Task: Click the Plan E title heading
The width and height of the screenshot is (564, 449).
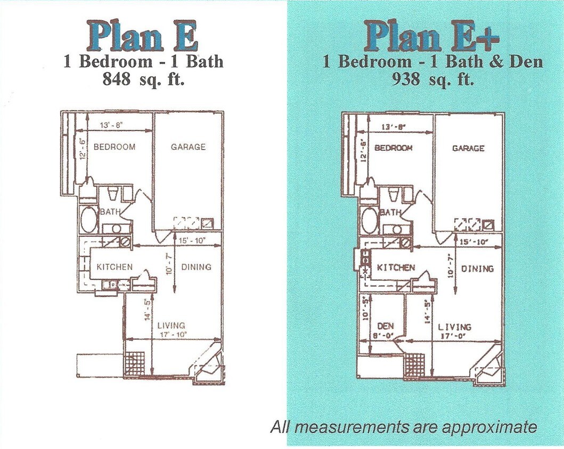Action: [143, 36]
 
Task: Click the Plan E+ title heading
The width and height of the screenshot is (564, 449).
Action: [432, 36]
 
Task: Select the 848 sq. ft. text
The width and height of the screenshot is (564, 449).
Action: [143, 80]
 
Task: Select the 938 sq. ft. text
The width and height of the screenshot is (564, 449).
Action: [432, 80]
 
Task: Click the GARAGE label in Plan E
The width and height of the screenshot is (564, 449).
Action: [188, 147]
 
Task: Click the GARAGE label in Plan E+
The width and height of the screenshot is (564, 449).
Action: [468, 148]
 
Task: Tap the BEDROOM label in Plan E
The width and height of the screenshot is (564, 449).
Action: [114, 147]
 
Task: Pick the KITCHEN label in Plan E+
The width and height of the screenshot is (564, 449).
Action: [396, 268]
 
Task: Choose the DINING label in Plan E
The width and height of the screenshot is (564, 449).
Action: [196, 267]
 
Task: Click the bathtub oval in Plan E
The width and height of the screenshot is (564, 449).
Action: [89, 220]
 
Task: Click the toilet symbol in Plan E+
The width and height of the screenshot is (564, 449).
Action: [393, 195]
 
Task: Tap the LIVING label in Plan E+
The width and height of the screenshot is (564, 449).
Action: [454, 327]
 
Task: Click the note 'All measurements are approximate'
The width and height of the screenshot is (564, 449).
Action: [403, 427]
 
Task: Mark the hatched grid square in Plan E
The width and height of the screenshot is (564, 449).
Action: [134, 365]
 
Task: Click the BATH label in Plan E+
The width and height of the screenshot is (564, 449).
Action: [390, 212]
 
